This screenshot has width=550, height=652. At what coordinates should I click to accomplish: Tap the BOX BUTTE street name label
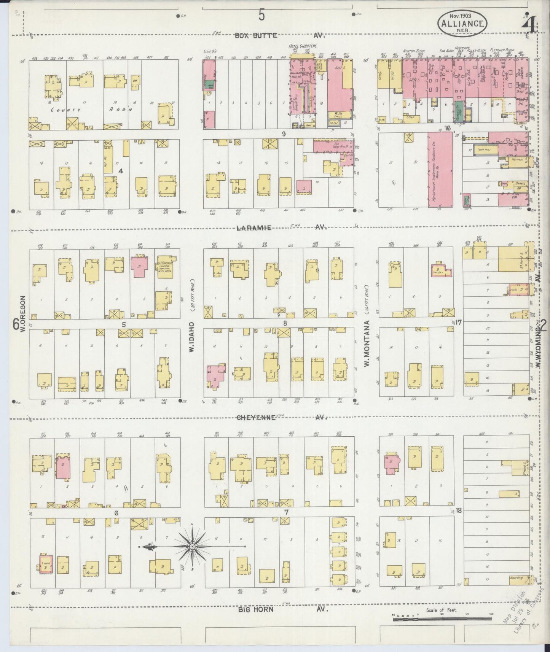pyautogui.click(x=256, y=36)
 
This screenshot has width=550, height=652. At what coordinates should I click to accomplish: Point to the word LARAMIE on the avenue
pyautogui.click(x=254, y=228)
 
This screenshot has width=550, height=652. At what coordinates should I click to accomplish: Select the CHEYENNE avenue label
pyautogui.click(x=256, y=417)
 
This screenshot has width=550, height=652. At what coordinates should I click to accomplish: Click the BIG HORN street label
pyautogui.click(x=257, y=609)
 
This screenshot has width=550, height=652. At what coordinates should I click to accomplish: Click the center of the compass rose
pyautogui.click(x=192, y=547)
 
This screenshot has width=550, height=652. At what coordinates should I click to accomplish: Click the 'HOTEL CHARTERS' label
pyautogui.click(x=303, y=46)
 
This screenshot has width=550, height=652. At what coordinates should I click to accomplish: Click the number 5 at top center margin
pyautogui.click(x=262, y=15)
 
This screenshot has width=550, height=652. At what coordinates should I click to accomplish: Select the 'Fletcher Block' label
pyautogui.click(x=502, y=50)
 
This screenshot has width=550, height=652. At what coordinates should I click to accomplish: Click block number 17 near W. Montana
pyautogui.click(x=458, y=322)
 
